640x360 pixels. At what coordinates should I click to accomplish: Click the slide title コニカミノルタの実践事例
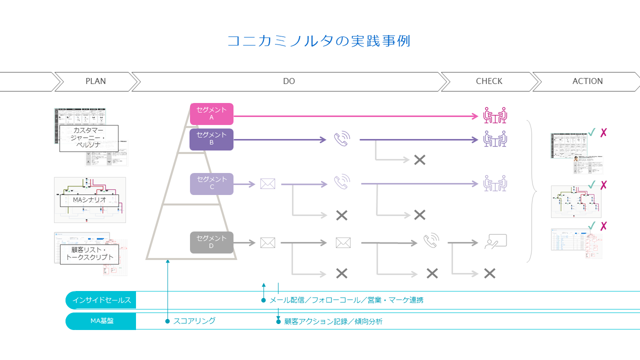[x=318, y=41]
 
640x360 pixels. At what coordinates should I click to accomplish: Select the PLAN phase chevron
[x=95, y=81]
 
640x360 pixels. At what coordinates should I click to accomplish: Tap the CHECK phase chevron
[x=489, y=81]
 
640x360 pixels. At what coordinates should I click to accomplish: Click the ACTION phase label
[x=587, y=81]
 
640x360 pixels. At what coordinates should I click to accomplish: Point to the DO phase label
[x=289, y=81]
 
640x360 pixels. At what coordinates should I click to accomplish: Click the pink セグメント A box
[x=211, y=114]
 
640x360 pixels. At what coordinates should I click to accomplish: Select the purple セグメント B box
[x=211, y=139]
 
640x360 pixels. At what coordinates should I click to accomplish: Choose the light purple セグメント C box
[x=211, y=183]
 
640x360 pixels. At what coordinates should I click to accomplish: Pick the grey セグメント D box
[x=211, y=242]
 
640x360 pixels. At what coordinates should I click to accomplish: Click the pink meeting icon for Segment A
[x=495, y=115]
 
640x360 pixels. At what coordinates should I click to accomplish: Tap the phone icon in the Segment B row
[x=342, y=139]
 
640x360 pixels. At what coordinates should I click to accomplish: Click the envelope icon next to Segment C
[x=267, y=184]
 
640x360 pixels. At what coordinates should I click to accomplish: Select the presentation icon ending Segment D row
[x=495, y=242]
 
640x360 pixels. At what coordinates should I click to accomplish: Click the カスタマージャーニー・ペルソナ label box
[x=88, y=138]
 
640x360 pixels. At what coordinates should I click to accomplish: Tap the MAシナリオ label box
[x=89, y=200]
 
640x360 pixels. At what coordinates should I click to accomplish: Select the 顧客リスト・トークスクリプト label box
[x=89, y=254]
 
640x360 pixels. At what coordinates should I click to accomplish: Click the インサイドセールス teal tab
[x=101, y=300]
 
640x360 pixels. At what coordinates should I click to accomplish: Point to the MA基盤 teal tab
[x=101, y=321]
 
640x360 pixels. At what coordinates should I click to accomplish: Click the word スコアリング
[x=194, y=321]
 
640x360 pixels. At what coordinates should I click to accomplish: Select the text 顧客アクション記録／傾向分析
[x=333, y=321]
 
